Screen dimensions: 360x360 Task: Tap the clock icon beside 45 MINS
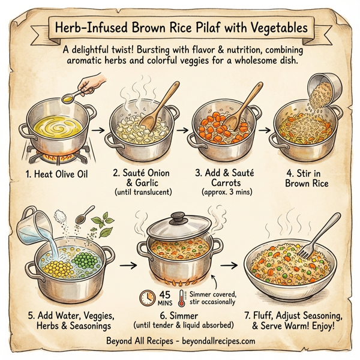pos(146,295)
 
